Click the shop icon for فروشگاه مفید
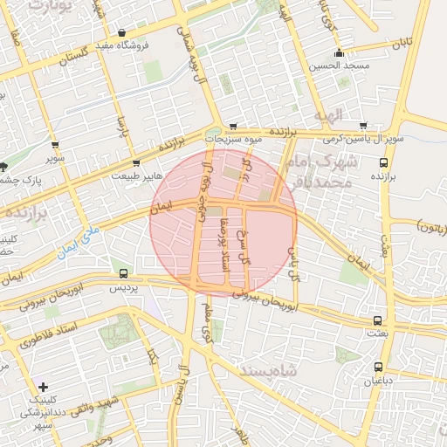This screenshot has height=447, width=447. [x=132, y=32]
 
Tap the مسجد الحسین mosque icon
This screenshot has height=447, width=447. [x=339, y=52]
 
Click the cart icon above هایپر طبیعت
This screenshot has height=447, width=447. [x=135, y=162]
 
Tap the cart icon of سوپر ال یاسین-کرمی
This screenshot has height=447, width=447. [x=363, y=126]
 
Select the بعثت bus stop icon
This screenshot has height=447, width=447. [x=377, y=320]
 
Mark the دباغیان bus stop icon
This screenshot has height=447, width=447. [x=378, y=367]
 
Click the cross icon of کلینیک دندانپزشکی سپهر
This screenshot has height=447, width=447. [x=43, y=386]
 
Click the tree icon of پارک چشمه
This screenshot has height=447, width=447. [x=4, y=166]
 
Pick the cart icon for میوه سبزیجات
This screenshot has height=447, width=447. [x=233, y=126]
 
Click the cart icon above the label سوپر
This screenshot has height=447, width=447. [x=55, y=146]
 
